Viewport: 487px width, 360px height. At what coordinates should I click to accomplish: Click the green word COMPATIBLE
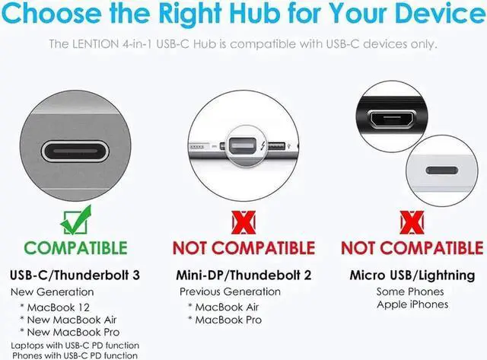point(75,247)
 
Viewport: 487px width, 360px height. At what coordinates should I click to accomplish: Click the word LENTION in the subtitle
point(100,43)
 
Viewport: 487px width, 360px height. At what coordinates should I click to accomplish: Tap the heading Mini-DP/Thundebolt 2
point(243,275)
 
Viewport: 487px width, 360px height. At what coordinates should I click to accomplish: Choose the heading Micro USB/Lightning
point(412,275)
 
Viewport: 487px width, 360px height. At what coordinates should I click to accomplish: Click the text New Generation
point(53,292)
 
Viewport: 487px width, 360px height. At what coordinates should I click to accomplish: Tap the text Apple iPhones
point(412,304)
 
